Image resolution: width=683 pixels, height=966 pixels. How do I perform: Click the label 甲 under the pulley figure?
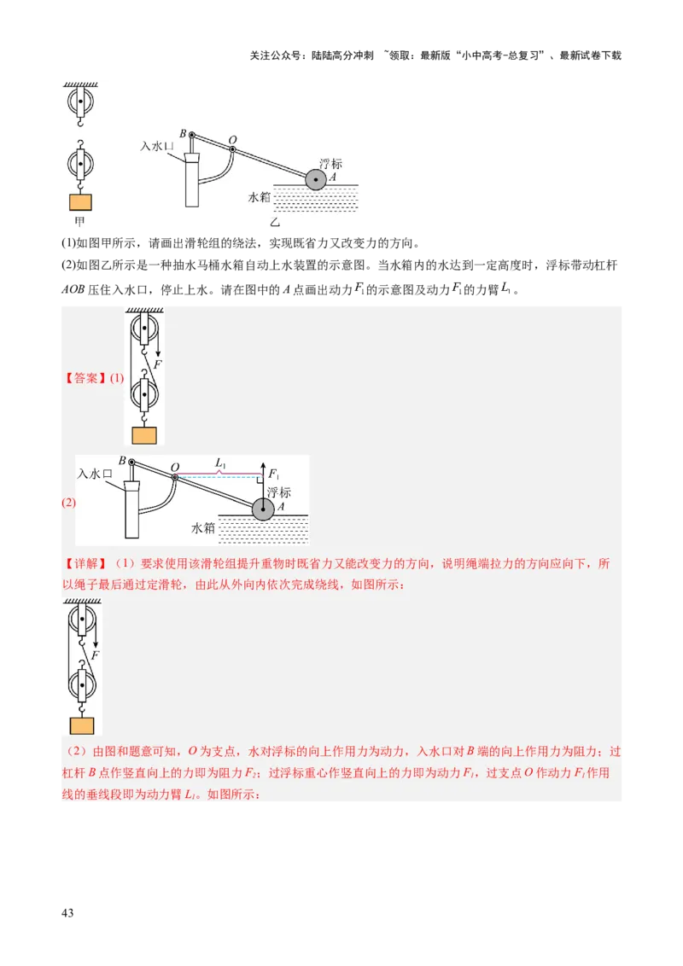click(x=79, y=224)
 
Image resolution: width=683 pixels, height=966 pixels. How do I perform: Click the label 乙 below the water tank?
click(x=275, y=222)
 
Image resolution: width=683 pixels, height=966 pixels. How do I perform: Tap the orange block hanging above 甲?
click(x=80, y=202)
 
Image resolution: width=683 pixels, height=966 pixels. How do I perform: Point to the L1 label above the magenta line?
click(x=220, y=463)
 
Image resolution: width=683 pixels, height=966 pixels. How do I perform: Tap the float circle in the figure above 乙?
click(x=316, y=180)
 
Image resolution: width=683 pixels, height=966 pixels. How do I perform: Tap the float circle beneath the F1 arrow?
click(x=263, y=509)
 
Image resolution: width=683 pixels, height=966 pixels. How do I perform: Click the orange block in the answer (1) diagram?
click(x=145, y=434)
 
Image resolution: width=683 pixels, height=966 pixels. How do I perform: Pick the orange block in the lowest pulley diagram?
click(x=82, y=725)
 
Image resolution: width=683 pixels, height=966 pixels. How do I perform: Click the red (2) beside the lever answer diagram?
click(x=68, y=503)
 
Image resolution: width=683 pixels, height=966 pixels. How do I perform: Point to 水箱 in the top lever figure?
click(x=259, y=197)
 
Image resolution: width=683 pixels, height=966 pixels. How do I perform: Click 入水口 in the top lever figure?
click(x=157, y=147)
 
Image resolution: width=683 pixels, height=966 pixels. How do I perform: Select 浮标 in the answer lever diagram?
click(x=279, y=492)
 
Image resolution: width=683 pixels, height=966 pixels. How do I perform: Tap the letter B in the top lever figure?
click(x=183, y=133)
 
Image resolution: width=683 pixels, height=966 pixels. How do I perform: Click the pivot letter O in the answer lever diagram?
click(x=175, y=467)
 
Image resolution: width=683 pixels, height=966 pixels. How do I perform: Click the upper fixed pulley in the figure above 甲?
click(x=79, y=102)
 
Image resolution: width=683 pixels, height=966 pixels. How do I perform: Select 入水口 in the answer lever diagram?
click(x=95, y=473)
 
